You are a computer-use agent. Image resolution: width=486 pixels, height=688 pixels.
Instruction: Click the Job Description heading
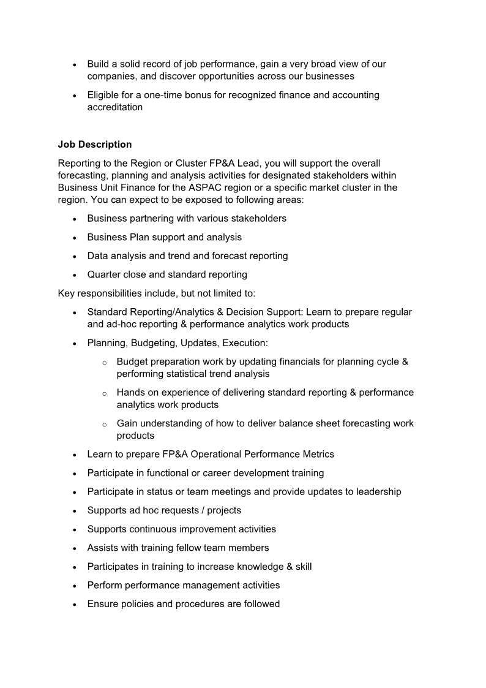point(95,145)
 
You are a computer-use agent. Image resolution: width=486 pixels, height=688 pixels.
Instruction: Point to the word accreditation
point(115,107)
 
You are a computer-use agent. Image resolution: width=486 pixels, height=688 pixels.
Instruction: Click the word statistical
point(197,374)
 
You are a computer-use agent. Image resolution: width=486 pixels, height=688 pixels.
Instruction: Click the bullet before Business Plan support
point(75,238)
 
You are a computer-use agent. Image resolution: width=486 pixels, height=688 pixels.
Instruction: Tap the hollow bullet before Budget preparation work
point(104,362)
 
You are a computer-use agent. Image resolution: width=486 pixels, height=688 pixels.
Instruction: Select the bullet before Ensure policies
point(75,604)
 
